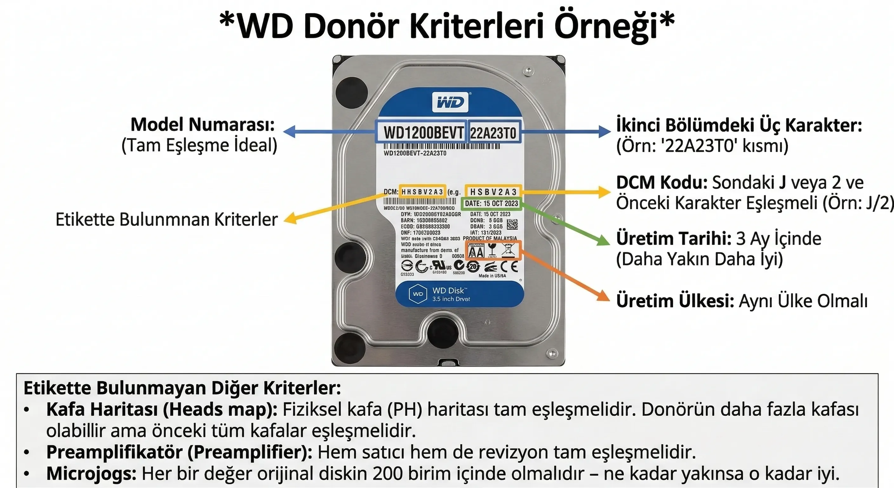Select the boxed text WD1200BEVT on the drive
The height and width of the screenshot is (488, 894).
tap(423, 132)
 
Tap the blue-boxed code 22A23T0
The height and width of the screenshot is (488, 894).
tap(493, 132)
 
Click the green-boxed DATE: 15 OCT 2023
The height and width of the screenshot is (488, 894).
tap(491, 204)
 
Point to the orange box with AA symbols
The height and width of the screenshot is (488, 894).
tap(493, 250)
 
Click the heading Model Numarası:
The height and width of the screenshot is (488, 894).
tap(203, 125)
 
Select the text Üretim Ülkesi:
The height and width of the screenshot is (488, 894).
tap(675, 301)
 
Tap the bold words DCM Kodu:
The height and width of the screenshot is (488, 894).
tap(662, 182)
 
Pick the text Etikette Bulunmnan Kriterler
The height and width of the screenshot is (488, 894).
tap(167, 220)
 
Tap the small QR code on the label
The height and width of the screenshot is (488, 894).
tap(512, 224)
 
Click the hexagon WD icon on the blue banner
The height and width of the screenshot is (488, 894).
tap(418, 294)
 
